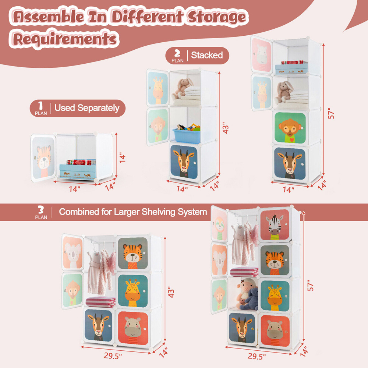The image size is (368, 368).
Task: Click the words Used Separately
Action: coord(87,108)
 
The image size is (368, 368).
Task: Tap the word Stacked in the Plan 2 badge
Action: coord(207,55)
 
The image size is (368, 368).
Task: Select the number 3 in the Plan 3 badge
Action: coord(41,210)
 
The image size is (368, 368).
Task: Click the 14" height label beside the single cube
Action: coord(122,157)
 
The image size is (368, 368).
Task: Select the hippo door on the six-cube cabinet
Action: coord(133,326)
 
